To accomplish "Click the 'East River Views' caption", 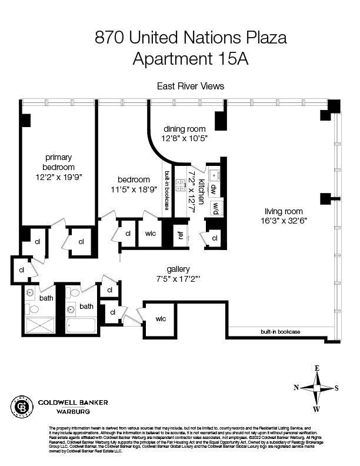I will (x=191, y=86).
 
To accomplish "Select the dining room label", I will (x=184, y=129).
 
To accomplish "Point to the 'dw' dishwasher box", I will (x=214, y=190).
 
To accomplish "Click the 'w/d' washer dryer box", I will (x=216, y=208).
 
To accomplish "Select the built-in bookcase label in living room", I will (x=280, y=332).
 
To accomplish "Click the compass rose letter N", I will (x=296, y=387).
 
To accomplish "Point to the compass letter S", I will (x=336, y=387).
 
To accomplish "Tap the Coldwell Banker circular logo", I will (x=22, y=405).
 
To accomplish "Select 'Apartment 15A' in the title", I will (x=191, y=58).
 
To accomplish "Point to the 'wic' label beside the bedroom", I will (x=150, y=234).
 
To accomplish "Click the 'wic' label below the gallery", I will (x=161, y=318).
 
